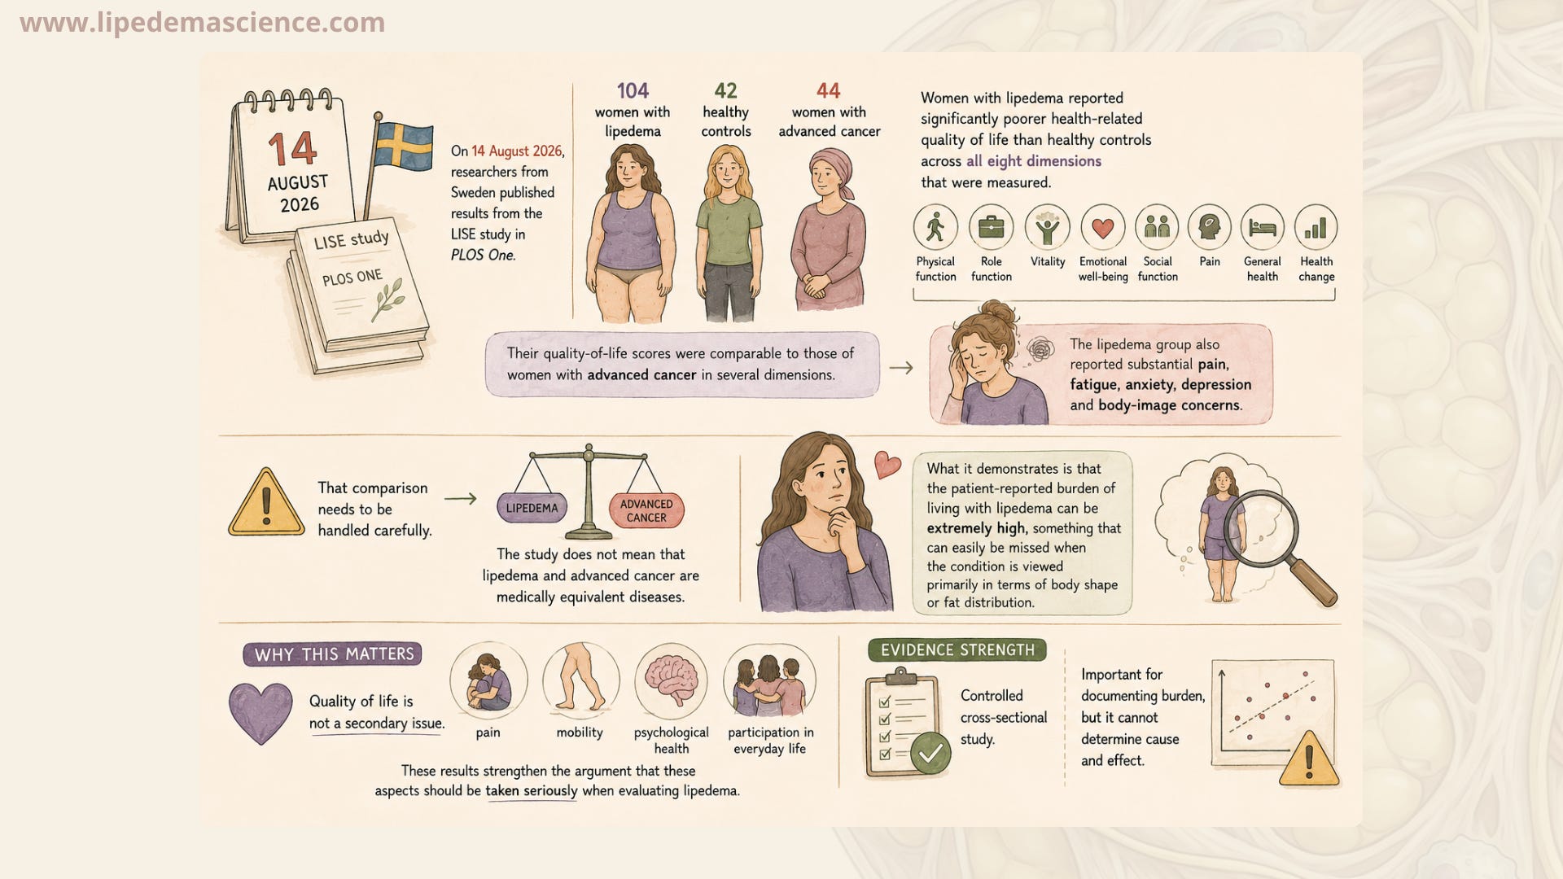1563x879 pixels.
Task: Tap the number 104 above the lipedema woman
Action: (633, 90)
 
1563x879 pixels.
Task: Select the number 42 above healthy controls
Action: (725, 90)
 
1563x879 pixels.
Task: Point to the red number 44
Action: (828, 90)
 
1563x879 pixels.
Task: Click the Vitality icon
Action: (1048, 227)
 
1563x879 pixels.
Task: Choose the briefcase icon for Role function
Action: (991, 227)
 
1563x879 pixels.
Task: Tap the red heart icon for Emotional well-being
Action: (1103, 228)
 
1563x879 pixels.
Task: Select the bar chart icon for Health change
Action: (1316, 227)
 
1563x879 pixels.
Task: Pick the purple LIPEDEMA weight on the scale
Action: (532, 508)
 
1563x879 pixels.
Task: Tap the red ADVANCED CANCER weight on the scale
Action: (646, 510)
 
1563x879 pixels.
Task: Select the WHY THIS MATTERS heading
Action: (333, 654)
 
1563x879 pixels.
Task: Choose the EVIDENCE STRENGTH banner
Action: (957, 650)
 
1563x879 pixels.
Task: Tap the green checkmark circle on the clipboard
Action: (930, 753)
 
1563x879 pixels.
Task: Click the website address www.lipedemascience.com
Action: (203, 22)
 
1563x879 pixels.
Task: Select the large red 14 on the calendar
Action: (292, 149)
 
